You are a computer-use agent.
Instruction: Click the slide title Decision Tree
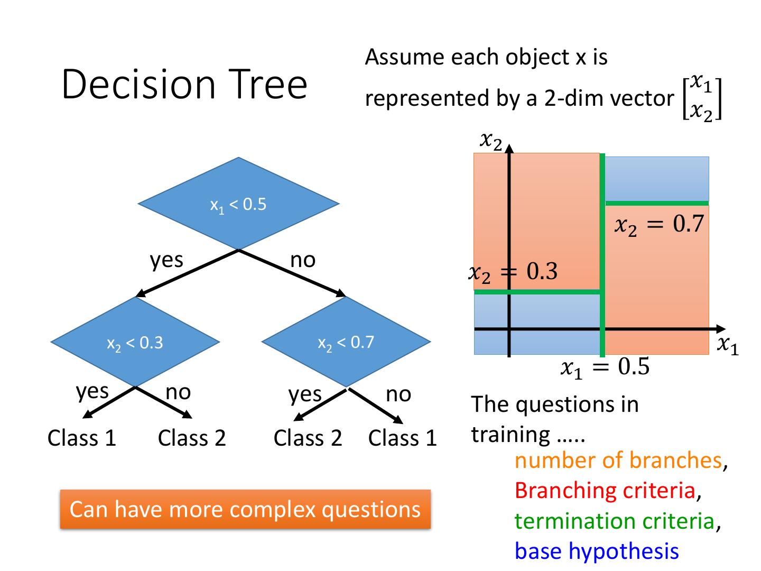coord(184,84)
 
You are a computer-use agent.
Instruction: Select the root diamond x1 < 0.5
coord(238,204)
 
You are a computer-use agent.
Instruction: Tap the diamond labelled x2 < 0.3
coord(135,342)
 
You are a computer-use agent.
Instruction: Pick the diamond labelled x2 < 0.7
coord(346,342)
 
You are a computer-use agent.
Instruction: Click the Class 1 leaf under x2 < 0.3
coord(82,438)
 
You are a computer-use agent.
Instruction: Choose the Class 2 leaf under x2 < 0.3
coord(192,438)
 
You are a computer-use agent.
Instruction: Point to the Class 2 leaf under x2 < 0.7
coord(308,438)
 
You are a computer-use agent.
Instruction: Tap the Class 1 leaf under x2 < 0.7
coord(403,438)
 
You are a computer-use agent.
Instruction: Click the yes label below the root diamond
coord(166,260)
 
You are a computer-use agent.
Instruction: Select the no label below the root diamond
coord(303,260)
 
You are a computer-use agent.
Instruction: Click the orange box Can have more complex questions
coord(245,509)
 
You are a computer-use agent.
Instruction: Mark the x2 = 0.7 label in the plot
coord(659,225)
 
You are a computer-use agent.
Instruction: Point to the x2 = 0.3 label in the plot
coord(513,272)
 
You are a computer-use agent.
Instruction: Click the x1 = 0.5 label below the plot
coord(605,367)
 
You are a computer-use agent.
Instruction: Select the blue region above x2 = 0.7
coord(657,178)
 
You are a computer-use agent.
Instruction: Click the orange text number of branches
coord(618,461)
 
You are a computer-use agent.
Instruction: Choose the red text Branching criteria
coord(605,491)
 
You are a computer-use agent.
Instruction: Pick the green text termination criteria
coord(615,521)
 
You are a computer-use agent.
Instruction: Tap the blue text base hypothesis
coord(597,551)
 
